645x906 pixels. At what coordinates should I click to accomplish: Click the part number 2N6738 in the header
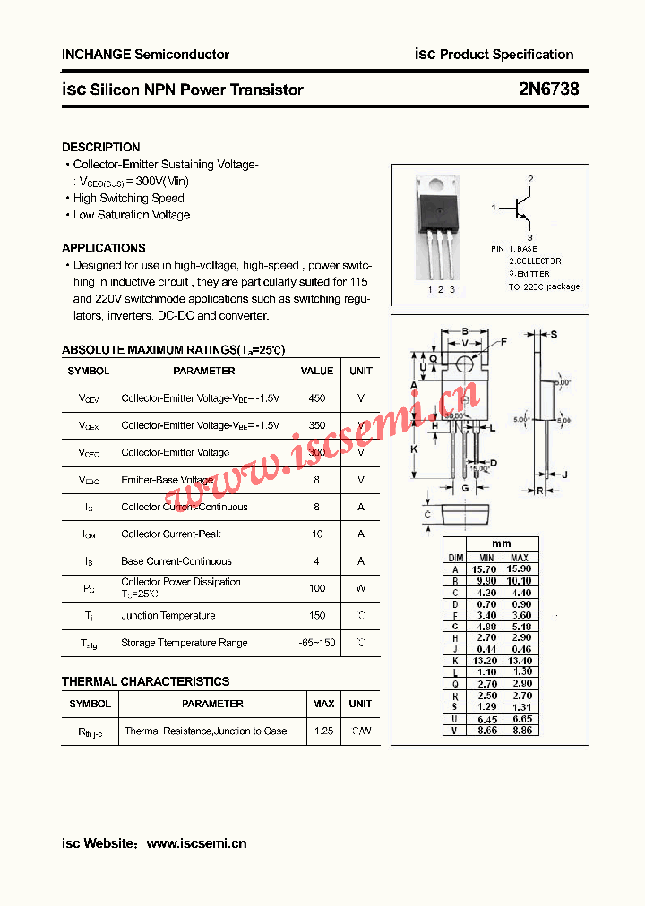[x=548, y=90]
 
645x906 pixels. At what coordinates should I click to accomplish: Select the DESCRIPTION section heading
[x=101, y=147]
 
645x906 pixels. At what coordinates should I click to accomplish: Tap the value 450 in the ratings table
[x=316, y=398]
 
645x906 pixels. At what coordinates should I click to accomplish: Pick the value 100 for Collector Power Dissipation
[x=316, y=588]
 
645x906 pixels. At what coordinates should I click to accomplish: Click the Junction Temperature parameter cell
[x=168, y=616]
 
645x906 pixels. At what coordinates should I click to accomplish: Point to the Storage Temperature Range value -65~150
[x=316, y=643]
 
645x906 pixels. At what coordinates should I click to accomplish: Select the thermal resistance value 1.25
[x=323, y=731]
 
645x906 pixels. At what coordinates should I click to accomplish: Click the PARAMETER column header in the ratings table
[x=203, y=371]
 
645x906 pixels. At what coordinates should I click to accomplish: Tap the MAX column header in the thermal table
[x=323, y=704]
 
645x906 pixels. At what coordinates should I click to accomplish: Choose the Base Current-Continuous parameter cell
[x=176, y=561]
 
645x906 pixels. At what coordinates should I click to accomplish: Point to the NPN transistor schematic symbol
[x=520, y=209]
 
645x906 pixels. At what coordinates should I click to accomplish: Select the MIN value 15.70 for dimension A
[x=484, y=569]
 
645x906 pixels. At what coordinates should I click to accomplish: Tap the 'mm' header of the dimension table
[x=502, y=544]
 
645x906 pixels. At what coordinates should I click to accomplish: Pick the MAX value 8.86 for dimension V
[x=520, y=731]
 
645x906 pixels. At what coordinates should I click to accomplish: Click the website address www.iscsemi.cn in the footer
[x=196, y=843]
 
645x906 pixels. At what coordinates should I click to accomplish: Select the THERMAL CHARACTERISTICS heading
[x=145, y=681]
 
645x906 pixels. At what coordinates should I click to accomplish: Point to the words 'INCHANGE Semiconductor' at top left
[x=145, y=55]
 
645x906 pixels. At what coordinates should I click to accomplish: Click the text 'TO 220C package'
[x=544, y=286]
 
